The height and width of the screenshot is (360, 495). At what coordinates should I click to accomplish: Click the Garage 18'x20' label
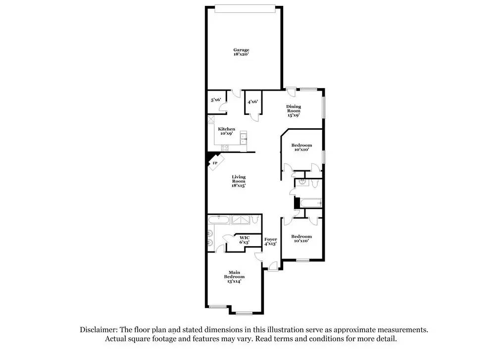pyautogui.click(x=242, y=52)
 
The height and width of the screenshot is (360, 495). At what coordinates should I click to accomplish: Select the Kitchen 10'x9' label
pyautogui.click(x=227, y=131)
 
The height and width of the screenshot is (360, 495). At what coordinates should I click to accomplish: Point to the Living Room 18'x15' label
pyautogui.click(x=239, y=181)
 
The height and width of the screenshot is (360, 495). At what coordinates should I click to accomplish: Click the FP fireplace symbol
pyautogui.click(x=215, y=162)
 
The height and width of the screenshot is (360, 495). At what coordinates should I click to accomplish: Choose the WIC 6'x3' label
pyautogui.click(x=245, y=240)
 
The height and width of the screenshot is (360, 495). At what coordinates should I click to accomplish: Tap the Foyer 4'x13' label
pyautogui.click(x=270, y=242)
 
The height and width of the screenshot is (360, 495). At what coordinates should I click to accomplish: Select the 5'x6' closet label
pyautogui.click(x=216, y=101)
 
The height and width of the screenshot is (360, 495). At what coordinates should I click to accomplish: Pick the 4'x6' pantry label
pyautogui.click(x=252, y=102)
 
